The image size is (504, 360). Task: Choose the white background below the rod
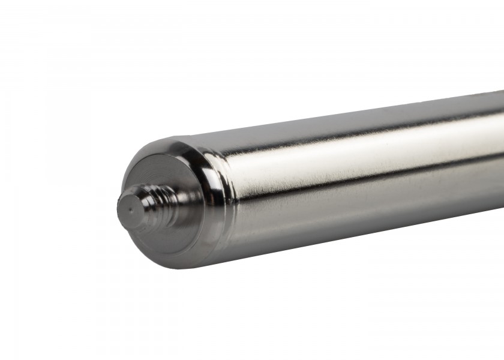click(x=300, y=312)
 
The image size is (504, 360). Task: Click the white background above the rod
click(x=240, y=60)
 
